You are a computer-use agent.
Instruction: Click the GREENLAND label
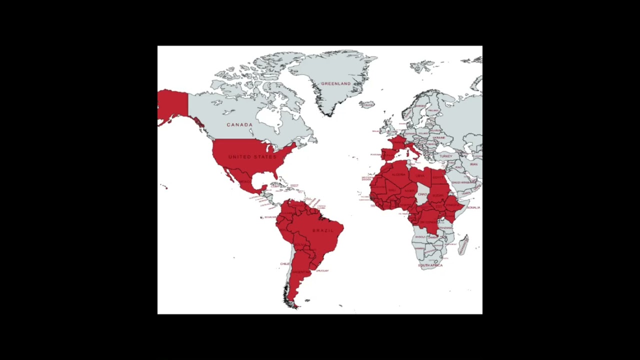point(335,83)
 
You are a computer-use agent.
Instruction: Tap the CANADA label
point(239,124)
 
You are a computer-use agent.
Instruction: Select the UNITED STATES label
point(252,157)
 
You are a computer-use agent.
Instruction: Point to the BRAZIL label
point(322,230)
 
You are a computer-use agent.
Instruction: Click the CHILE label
point(284,263)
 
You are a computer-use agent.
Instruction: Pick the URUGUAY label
point(322,271)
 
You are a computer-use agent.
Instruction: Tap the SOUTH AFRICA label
point(430,265)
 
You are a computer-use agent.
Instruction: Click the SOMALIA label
point(473,207)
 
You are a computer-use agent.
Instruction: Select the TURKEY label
point(445,156)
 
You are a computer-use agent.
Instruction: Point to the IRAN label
point(473,164)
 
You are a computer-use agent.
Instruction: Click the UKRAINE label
point(438,137)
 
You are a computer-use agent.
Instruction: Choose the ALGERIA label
point(398,174)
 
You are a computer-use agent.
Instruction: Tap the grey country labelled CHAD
point(423,194)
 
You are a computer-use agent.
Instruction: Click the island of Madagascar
point(463,244)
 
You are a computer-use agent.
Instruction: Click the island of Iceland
point(367,104)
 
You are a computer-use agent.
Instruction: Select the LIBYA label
point(420,175)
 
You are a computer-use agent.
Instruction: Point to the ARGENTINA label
point(300,272)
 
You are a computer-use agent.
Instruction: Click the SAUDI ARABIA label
point(463,182)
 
